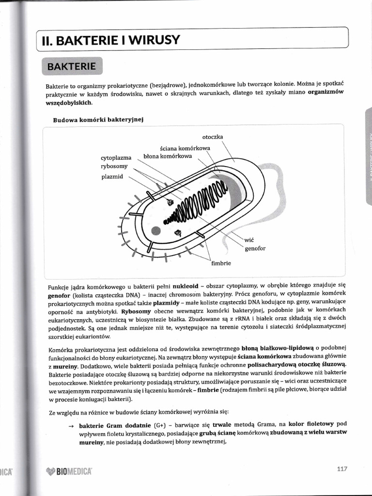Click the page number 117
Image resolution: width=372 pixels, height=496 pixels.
click(342, 468)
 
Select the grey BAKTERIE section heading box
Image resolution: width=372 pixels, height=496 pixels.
click(72, 65)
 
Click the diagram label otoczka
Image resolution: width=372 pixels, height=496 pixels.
click(213, 137)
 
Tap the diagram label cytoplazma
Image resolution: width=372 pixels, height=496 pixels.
click(116, 158)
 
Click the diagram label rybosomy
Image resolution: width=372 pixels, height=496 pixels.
click(114, 166)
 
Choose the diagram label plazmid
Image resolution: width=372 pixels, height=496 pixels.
click(112, 177)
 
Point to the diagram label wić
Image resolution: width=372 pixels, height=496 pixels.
click(249, 240)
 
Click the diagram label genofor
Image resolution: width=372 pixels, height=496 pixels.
click(255, 248)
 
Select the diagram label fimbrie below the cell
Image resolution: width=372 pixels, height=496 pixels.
click(221, 263)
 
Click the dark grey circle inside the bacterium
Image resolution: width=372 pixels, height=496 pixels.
click(155, 231)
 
